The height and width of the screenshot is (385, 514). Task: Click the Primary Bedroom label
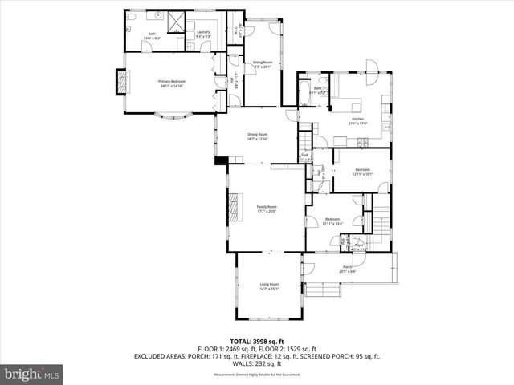pyautogui.click(x=171, y=83)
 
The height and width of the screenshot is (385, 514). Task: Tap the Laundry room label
pyautogui.click(x=203, y=34)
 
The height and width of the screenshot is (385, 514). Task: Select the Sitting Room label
pyautogui.click(x=263, y=64)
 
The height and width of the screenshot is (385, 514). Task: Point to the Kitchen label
pyautogui.click(x=357, y=121)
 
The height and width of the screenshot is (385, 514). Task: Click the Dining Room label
pyautogui.click(x=257, y=136)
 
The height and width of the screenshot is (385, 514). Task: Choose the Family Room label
pyautogui.click(x=266, y=209)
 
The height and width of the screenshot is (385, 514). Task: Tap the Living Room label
pyautogui.click(x=268, y=286)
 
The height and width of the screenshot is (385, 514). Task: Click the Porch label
pyautogui.click(x=348, y=269)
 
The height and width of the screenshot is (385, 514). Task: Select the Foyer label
pyautogui.click(x=359, y=246)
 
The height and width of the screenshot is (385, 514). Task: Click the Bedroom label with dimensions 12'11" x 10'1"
pyautogui.click(x=361, y=171)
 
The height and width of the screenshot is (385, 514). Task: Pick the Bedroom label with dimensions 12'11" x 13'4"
pyautogui.click(x=332, y=221)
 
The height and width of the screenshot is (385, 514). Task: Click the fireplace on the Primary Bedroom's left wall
pyautogui.click(x=123, y=81)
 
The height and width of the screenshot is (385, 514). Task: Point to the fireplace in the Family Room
pyautogui.click(x=234, y=207)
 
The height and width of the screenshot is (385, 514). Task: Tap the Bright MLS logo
pyautogui.click(x=33, y=374)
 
